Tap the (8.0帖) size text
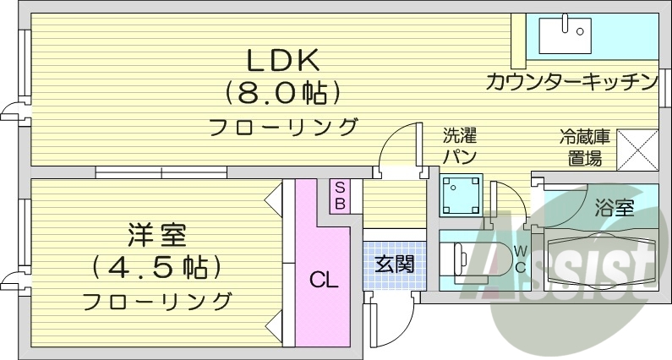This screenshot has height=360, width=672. coord(282,92)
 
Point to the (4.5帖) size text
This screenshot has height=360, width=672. coord(157,267)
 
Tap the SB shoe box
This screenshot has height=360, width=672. coord(339,195)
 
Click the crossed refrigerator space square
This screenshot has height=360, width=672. coord(637,148)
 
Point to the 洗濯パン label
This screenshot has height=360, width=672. coord(461,145)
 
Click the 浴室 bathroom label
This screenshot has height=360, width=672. coord(614,209)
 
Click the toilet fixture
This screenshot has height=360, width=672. coord(464,259)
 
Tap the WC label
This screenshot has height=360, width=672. coord(520,259)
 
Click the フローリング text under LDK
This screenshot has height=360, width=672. coord(282,128)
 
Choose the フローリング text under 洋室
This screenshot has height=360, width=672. coord(157,300)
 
